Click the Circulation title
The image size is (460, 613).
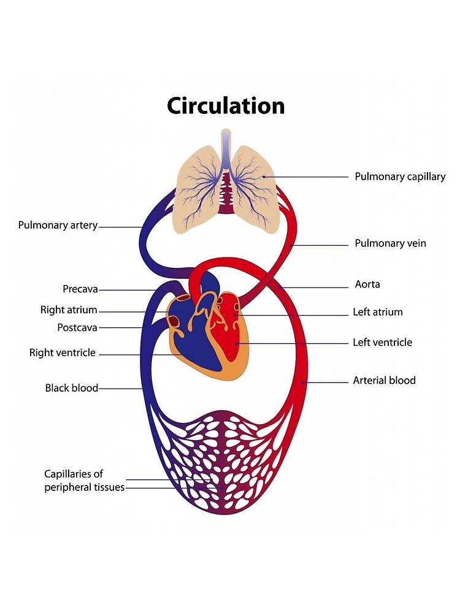click(x=226, y=105)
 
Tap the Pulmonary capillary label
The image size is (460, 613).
click(x=400, y=177)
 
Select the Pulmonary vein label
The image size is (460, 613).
click(x=390, y=243)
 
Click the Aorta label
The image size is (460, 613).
click(x=367, y=284)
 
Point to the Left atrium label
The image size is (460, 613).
click(x=378, y=312)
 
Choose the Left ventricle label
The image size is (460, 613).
click(x=382, y=342)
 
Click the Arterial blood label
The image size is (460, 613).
click(x=384, y=381)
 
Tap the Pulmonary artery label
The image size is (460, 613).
click(x=58, y=225)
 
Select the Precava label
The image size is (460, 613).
click(x=80, y=289)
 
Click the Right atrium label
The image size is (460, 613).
click(x=69, y=310)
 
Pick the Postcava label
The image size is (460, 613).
click(x=77, y=327)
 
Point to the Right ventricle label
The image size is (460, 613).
click(x=63, y=352)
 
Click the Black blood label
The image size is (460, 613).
click(x=71, y=388)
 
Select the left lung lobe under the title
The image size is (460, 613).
click(x=197, y=184)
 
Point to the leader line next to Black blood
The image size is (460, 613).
click(x=121, y=389)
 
